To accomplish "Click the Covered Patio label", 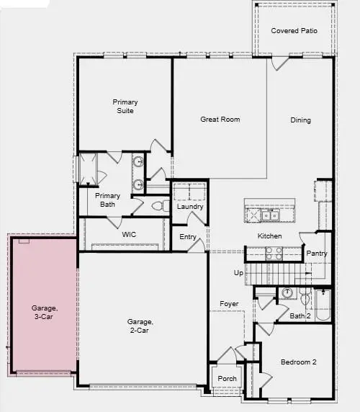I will (x=294, y=31).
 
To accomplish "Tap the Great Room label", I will (x=220, y=120).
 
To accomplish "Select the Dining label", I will (x=300, y=120).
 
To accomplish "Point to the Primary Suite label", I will (x=125, y=107).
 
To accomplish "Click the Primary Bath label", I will (x=108, y=200).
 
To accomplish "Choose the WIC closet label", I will (x=129, y=235).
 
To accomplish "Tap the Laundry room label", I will (x=190, y=207).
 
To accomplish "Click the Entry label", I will (x=188, y=237).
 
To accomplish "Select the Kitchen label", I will (x=269, y=236).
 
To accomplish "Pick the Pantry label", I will (x=317, y=254).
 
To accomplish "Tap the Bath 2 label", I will (x=300, y=316).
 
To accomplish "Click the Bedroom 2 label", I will (x=298, y=362).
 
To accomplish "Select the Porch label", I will (x=227, y=379).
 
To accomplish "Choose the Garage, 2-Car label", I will (x=140, y=326).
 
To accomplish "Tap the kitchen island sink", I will (x=270, y=215).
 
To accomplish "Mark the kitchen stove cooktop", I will (x=274, y=253).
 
